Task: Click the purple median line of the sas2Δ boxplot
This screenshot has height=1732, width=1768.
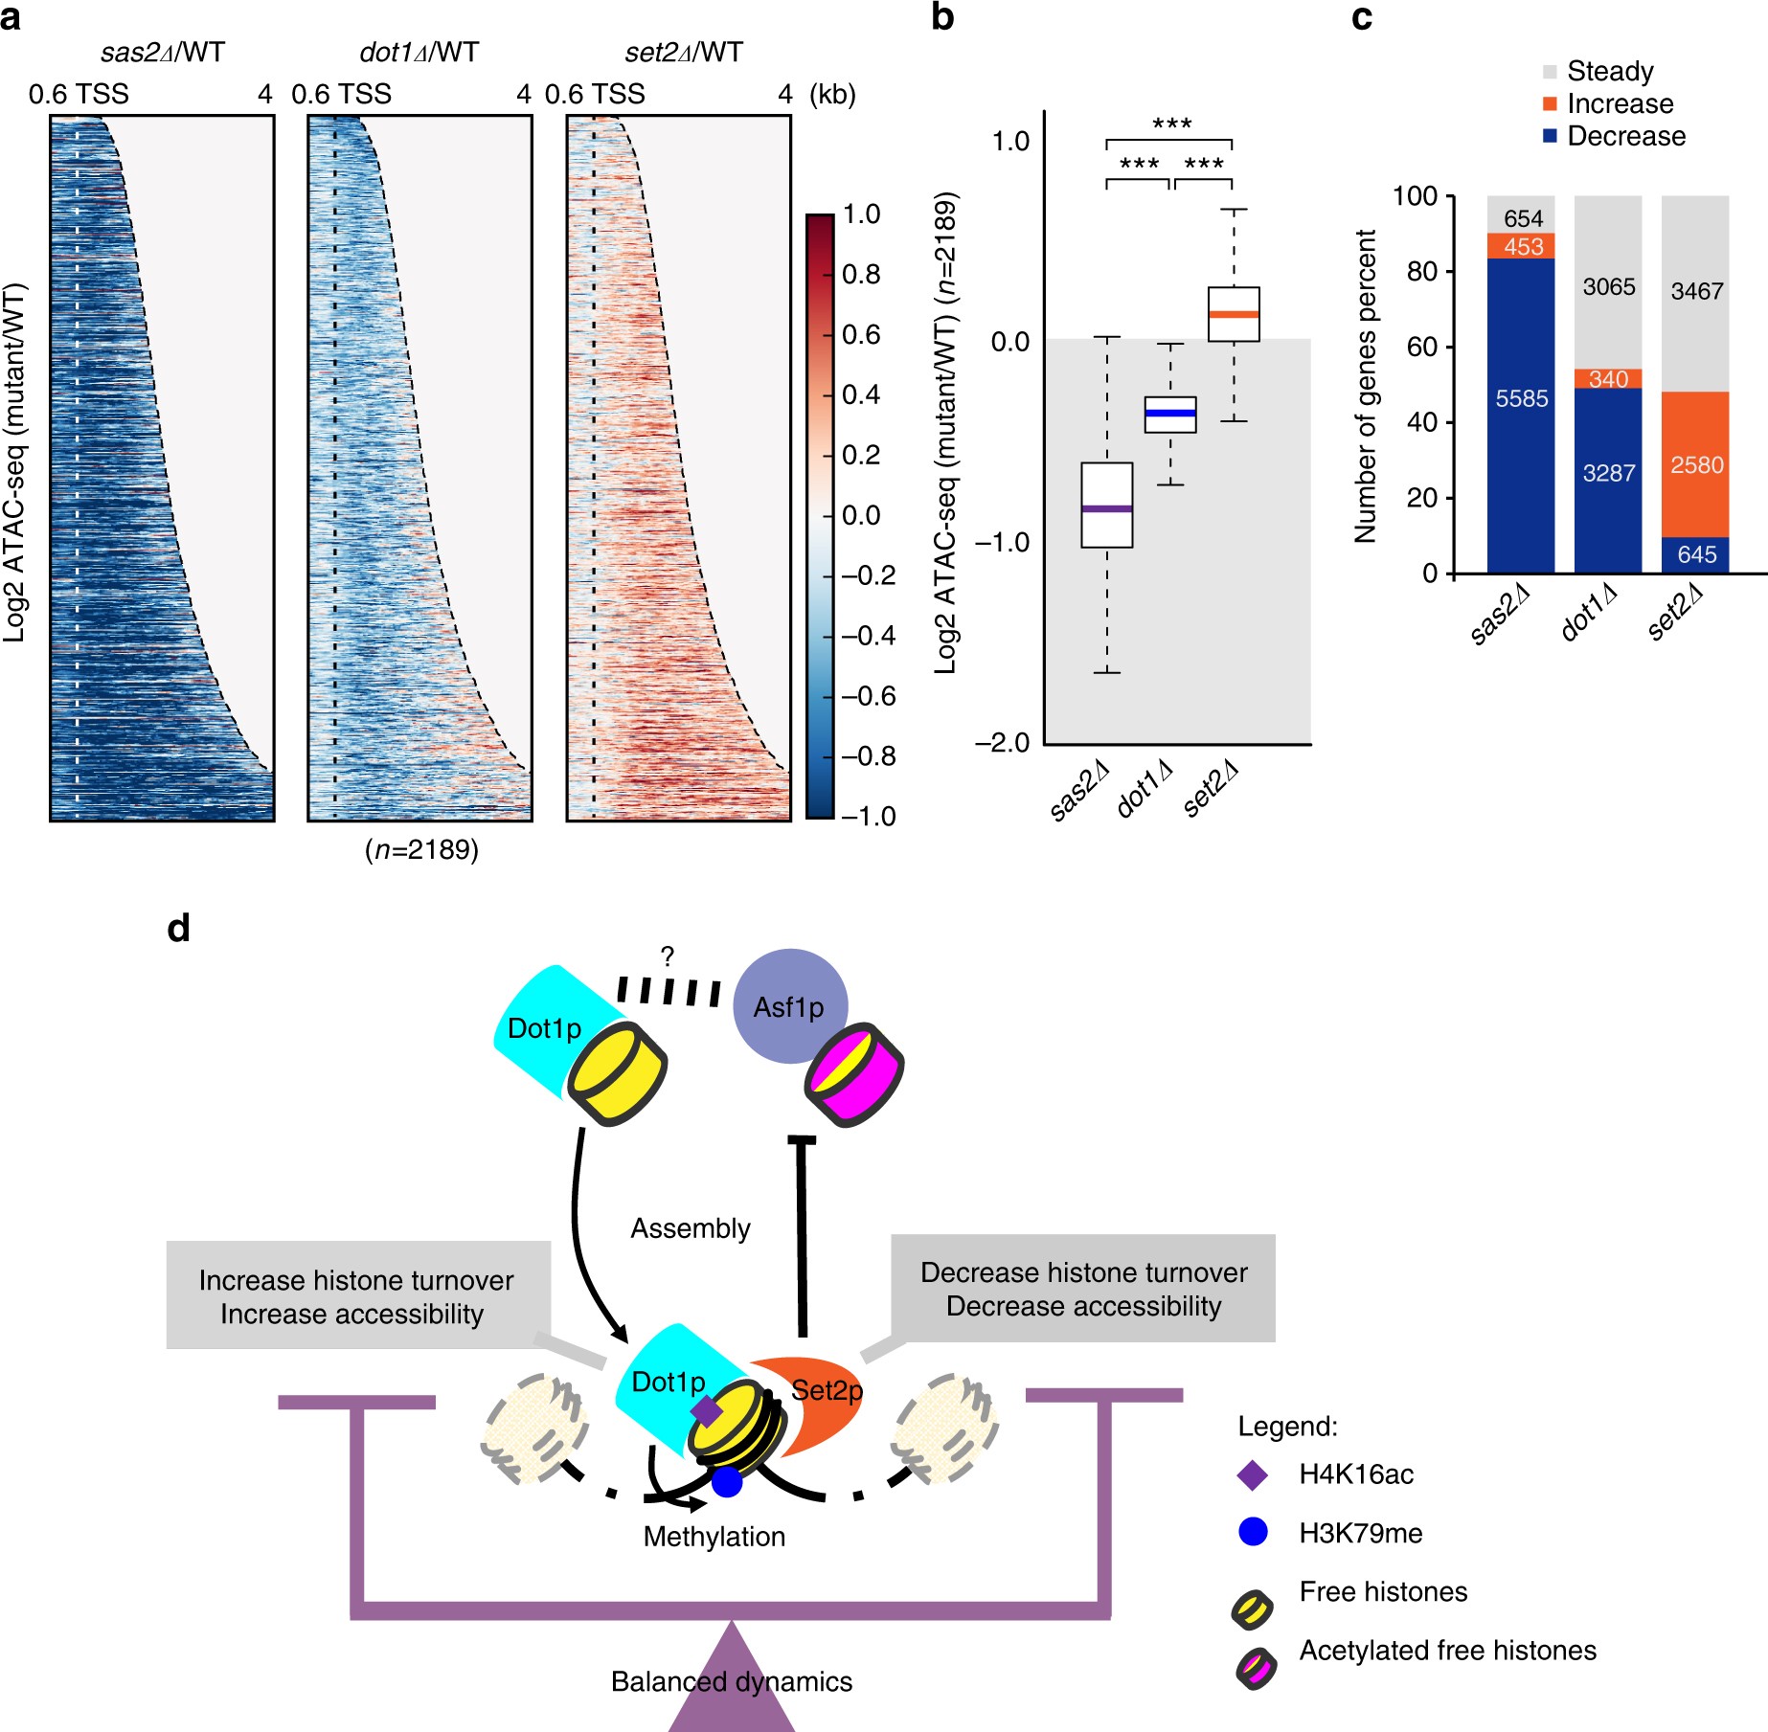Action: coord(1106,508)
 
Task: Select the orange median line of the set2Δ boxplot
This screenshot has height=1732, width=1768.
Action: coord(1233,314)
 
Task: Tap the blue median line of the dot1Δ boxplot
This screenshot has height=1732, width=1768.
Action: coord(1169,414)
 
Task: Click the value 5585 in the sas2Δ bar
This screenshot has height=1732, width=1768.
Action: coord(1521,398)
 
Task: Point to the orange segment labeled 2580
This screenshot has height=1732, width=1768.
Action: coord(1695,465)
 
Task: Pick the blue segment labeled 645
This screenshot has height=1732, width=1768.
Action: coord(1695,554)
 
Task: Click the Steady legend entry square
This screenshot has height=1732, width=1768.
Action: coord(1550,72)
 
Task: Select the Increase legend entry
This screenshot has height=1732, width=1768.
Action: coord(1619,103)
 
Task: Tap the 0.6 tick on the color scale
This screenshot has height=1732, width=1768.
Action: coord(860,335)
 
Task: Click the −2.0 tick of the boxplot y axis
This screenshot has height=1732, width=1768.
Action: coord(1002,743)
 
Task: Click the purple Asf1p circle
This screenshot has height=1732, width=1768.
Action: coord(789,1006)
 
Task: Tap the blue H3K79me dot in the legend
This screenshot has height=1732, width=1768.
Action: coord(1253,1532)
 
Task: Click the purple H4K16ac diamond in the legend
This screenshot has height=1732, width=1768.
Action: coord(1253,1474)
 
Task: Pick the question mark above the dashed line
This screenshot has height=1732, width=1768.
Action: coord(667,956)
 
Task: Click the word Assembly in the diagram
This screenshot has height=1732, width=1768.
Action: coord(690,1228)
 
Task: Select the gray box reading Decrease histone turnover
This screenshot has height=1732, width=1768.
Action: coord(1083,1289)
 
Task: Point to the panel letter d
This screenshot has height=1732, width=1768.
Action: coord(178,928)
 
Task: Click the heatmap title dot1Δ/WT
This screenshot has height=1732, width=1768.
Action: coord(419,53)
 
